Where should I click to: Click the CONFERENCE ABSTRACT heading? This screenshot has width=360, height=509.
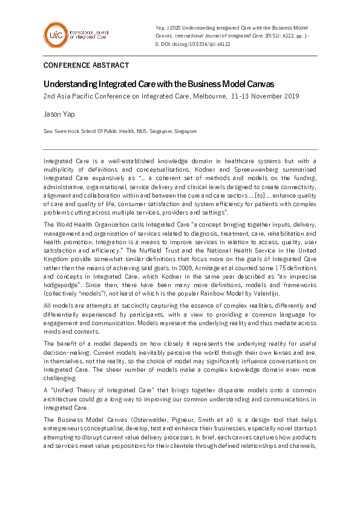86,65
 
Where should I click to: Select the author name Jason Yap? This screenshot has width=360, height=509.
59,113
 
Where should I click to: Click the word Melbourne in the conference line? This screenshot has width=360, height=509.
208,96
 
